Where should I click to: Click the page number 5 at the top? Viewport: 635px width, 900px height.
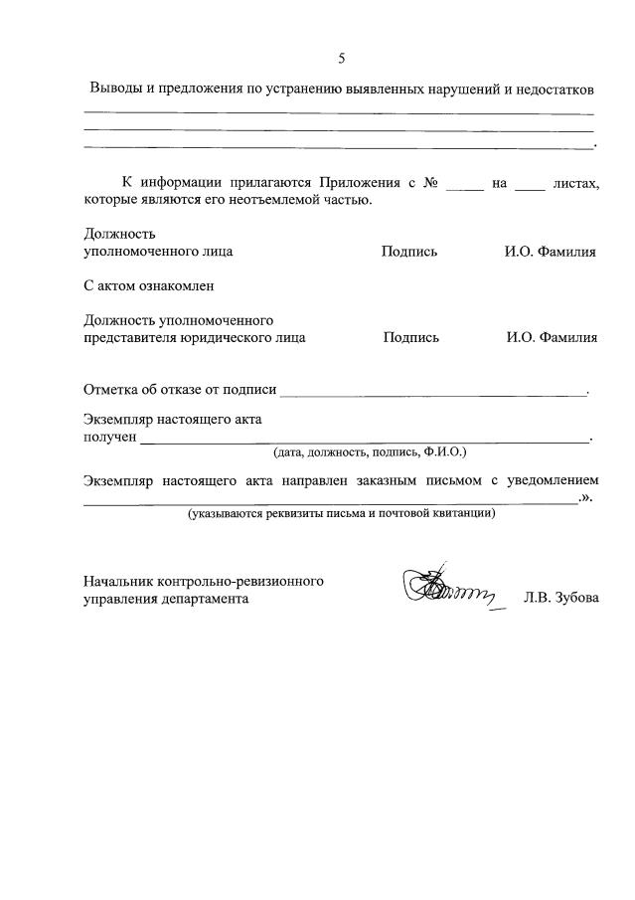pos(341,58)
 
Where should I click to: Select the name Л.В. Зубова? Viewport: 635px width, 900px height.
pos(561,600)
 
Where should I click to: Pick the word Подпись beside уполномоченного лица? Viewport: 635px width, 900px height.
pos(409,252)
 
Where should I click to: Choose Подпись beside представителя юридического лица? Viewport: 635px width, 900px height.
pos(411,337)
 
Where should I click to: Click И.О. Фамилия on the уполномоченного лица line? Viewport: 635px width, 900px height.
pos(550,252)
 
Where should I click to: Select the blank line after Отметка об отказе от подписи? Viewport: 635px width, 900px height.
pos(435,393)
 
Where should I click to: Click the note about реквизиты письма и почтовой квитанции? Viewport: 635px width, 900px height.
pos(342,514)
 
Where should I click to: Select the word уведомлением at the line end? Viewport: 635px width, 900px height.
pos(555,480)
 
